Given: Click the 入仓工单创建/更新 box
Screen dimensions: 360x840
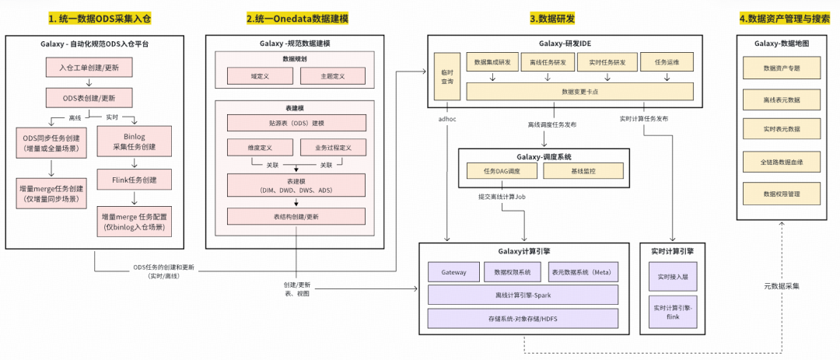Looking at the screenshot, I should (89, 68).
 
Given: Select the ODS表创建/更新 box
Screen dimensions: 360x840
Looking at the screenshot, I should (89, 98).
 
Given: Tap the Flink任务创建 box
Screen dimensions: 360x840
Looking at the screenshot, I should (135, 180).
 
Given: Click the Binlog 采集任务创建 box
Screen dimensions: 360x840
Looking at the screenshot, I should (135, 142).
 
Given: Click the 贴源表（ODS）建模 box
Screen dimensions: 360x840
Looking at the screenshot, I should (296, 123).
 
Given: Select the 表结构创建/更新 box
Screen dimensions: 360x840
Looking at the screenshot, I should (296, 217).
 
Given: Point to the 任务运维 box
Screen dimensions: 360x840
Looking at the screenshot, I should (667, 62).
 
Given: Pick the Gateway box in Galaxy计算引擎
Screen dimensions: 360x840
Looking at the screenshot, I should (453, 272).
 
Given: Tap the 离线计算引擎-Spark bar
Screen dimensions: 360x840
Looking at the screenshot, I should (523, 295).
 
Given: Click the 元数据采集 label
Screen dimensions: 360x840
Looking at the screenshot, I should (781, 286).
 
